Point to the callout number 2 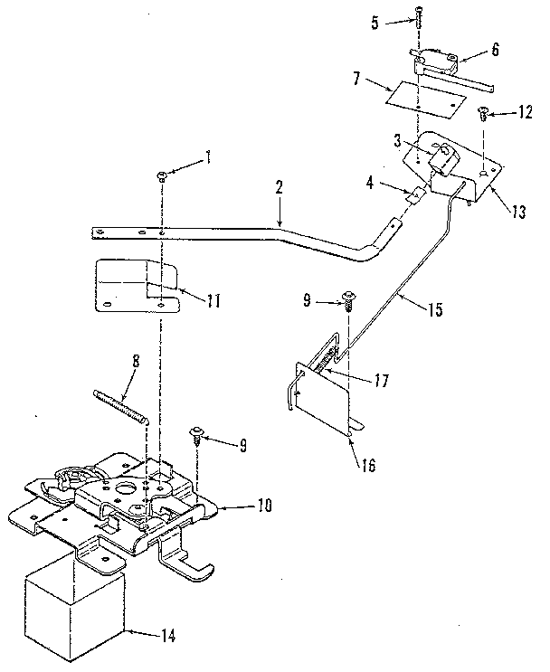[x=280, y=188]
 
